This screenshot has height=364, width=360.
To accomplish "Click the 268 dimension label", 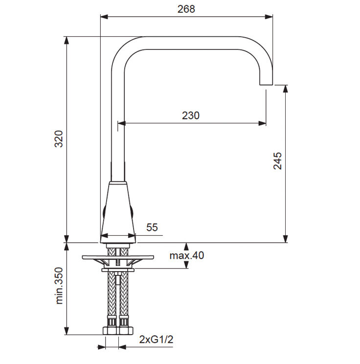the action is click(186, 9).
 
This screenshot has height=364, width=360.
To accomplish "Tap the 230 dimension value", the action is click(191, 115).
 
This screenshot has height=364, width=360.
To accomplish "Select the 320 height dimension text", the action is click(59, 139).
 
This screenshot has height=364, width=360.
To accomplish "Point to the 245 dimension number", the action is click(277, 161).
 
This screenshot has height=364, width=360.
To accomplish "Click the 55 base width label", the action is click(152, 227).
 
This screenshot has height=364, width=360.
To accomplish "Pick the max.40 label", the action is click(187, 255).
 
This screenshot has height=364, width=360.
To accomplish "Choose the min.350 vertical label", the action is click(59, 286).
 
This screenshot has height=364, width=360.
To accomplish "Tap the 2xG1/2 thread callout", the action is click(156, 340).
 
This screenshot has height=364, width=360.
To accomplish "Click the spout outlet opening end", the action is click(266, 84).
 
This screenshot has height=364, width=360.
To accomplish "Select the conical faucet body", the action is click(118, 212).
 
